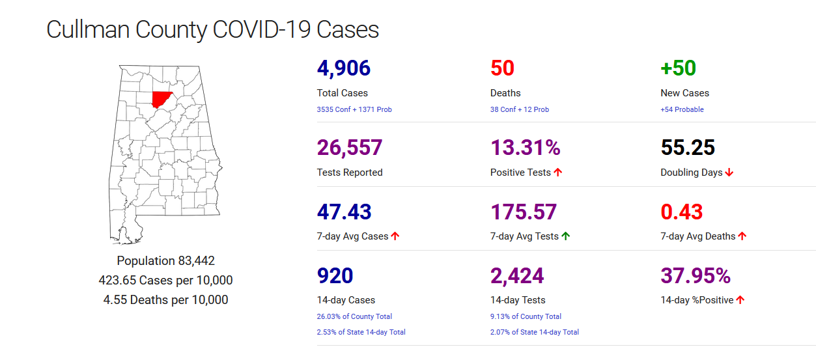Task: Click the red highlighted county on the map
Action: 160,99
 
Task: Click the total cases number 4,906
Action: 343,68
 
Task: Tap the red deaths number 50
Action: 502,68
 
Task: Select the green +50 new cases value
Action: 678,68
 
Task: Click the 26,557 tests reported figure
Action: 349,148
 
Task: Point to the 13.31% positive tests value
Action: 525,148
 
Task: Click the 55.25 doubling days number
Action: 688,148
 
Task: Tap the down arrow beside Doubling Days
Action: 729,173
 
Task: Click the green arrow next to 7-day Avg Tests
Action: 565,236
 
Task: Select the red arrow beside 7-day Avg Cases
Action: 395,236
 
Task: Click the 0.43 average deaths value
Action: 682,212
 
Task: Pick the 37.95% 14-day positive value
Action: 696,276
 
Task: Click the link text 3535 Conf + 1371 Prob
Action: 354,109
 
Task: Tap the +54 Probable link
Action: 682,109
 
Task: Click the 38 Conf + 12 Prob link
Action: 519,109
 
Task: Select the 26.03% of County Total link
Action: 354,316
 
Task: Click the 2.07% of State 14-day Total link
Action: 534,332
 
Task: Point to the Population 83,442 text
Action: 165,261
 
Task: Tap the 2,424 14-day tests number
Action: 516,276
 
